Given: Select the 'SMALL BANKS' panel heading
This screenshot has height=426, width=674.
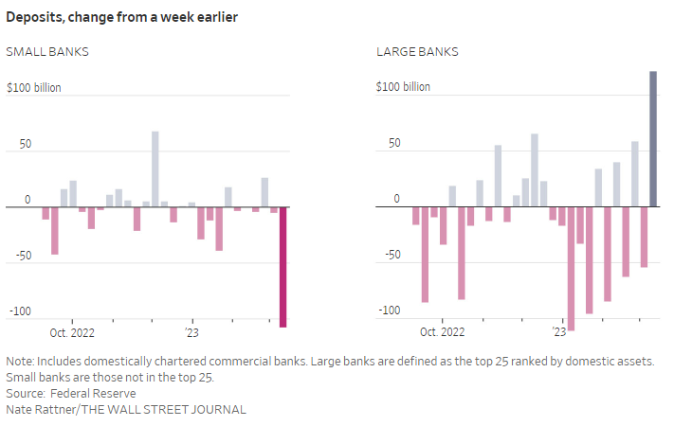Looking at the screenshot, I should coord(47,51).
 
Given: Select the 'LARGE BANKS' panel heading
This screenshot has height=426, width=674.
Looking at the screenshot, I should coord(417,51).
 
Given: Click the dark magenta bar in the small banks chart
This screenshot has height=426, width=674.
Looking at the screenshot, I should coord(282,267).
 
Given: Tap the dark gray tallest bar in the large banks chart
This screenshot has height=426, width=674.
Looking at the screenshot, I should coord(653,138).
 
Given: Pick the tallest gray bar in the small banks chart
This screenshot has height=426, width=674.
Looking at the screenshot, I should coord(155,169).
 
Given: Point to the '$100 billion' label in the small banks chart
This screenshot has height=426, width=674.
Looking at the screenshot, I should coord(33,87).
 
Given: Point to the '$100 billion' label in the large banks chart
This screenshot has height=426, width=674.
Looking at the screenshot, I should coord(403,87).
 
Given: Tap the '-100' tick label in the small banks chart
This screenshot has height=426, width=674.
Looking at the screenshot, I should coord(20,311).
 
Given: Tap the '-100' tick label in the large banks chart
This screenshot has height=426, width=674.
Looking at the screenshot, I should coord(390,311).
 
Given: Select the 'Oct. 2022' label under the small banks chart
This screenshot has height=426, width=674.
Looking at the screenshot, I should coord(72,333).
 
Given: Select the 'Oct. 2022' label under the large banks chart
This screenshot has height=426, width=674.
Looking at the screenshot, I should coord(442,333).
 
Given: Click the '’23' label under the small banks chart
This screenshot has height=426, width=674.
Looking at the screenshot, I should coord(192,333).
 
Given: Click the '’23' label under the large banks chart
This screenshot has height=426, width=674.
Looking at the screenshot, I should coord(558,333).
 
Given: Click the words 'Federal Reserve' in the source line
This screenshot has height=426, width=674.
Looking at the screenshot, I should coord(94,393).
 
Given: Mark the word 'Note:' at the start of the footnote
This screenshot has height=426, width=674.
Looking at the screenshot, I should coord(21,362).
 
